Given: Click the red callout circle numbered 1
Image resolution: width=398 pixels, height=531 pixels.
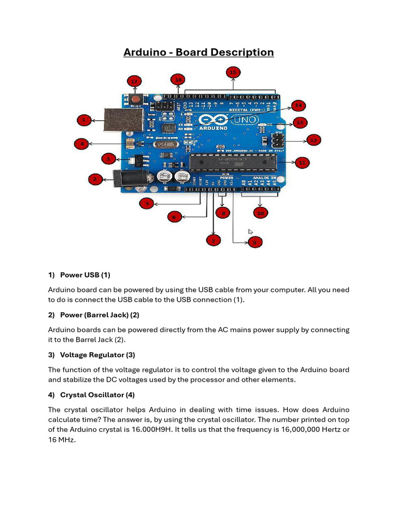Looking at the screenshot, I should click(x=84, y=120).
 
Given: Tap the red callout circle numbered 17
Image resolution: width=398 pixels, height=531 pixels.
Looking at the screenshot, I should click(x=134, y=81).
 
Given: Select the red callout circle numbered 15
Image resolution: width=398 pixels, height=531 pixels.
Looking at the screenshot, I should click(x=233, y=72).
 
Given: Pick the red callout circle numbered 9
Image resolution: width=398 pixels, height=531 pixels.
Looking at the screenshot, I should click(x=254, y=242).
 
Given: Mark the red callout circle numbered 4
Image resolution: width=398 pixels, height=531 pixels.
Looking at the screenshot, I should click(x=81, y=144).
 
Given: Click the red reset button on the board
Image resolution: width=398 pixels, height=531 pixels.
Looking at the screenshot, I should click(x=136, y=99).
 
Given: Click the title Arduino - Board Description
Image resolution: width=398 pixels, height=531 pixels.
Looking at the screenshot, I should click(x=198, y=52).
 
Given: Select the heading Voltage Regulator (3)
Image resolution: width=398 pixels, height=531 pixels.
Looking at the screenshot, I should click(x=97, y=355).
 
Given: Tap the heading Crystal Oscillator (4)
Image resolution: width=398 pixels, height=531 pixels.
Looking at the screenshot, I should click(x=97, y=395).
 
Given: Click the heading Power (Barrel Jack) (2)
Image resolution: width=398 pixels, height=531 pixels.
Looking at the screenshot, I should click(x=99, y=315).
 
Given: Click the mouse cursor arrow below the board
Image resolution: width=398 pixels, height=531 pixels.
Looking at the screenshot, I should click(x=250, y=232).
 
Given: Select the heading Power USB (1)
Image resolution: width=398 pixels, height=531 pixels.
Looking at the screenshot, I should click(x=85, y=275).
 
